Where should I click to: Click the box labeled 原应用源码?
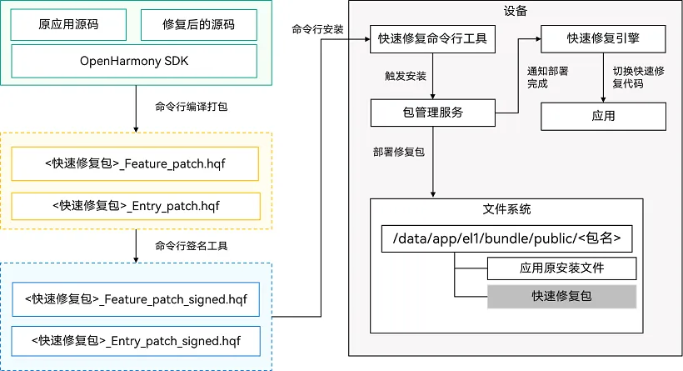click(x=68, y=25)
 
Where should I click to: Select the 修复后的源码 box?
click(x=198, y=25)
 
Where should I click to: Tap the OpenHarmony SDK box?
click(x=134, y=62)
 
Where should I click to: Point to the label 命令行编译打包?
click(x=192, y=107)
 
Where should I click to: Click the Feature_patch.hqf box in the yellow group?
click(x=135, y=164)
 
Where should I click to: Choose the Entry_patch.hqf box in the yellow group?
click(x=136, y=206)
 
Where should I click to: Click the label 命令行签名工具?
click(x=192, y=246)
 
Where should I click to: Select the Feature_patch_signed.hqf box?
click(x=136, y=299)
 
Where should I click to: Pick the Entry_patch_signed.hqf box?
click(x=136, y=341)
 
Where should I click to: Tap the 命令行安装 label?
click(x=317, y=30)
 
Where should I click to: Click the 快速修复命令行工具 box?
click(x=432, y=39)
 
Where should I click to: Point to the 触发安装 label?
click(x=405, y=77)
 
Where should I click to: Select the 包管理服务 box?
click(x=433, y=113)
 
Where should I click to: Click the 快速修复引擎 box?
click(x=603, y=39)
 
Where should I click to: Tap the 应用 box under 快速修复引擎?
click(x=603, y=117)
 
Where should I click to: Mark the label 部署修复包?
click(x=399, y=152)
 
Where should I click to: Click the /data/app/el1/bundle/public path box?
click(x=507, y=239)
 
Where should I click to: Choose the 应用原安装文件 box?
click(x=562, y=268)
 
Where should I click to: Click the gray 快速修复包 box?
click(x=562, y=297)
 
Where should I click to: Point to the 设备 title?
click(x=516, y=11)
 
